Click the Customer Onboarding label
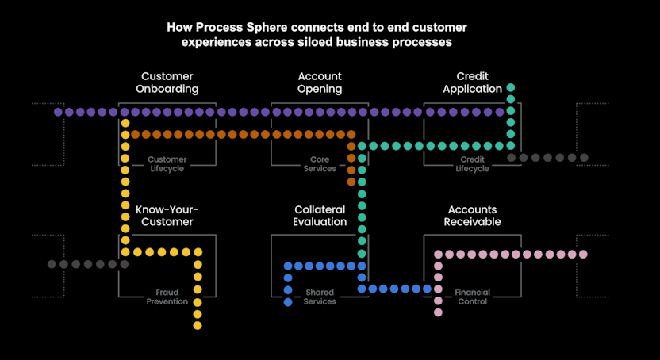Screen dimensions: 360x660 pos(167,82)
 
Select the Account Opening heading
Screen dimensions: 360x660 pos(320,82)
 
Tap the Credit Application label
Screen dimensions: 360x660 pos(472,82)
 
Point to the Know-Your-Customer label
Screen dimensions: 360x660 pos(167,216)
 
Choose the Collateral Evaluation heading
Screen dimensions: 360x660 pos(320,216)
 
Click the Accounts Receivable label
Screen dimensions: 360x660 pos(472,216)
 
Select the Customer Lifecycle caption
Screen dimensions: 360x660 pos(167,164)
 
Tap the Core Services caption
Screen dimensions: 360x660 pos(320,164)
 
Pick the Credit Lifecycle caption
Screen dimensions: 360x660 pos(472,164)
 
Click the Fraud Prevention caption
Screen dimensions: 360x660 pos(167,297)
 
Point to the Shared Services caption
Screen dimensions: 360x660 pos(320,297)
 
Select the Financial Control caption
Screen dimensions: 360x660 pos(472,297)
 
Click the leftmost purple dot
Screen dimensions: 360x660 pos(58,113)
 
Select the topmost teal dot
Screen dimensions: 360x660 pos(511,88)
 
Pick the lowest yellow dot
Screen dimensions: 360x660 pos(198,325)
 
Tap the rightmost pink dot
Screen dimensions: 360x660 pos(584,255)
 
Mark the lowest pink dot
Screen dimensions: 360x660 pos(437,312)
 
